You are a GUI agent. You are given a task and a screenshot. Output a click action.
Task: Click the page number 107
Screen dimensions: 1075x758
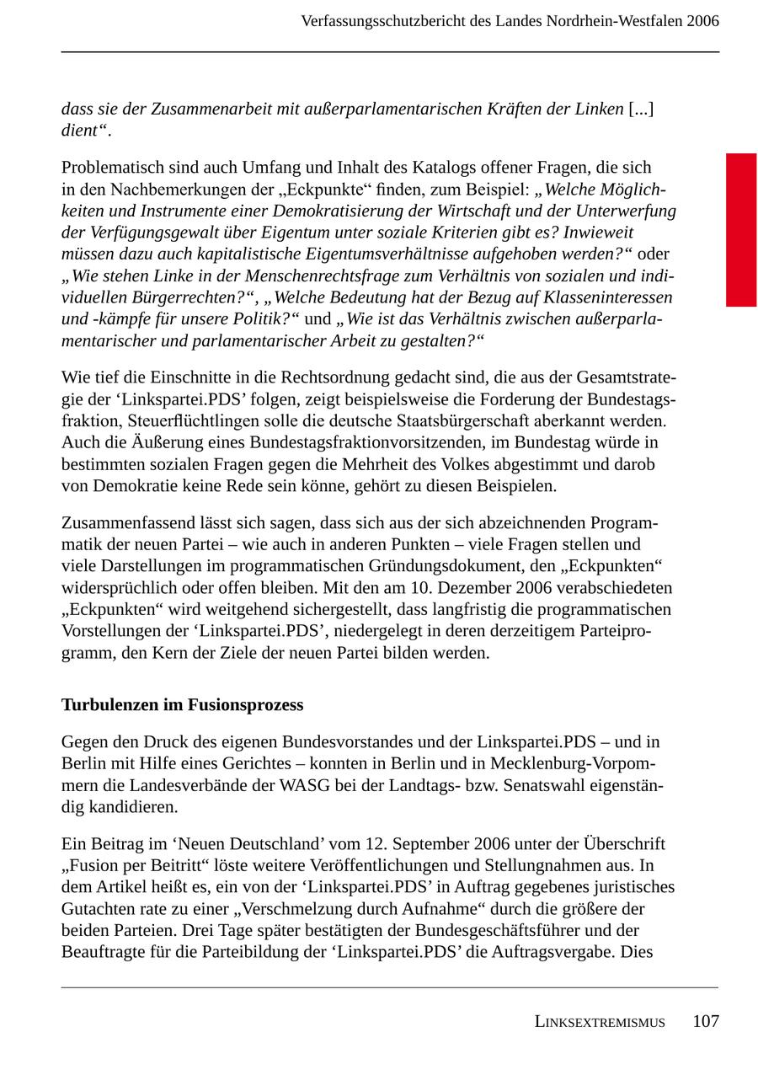[x=705, y=1021]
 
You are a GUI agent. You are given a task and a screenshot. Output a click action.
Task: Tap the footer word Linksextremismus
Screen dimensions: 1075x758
[x=599, y=1022]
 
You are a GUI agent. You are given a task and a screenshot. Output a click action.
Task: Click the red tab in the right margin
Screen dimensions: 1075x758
[x=741, y=229]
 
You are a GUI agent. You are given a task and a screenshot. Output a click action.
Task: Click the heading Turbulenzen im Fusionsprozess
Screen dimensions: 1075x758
[x=182, y=704]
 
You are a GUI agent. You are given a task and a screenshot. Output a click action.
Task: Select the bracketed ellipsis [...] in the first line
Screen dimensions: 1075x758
[x=641, y=109]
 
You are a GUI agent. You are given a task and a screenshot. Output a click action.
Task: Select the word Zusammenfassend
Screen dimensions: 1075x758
[x=123, y=523]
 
